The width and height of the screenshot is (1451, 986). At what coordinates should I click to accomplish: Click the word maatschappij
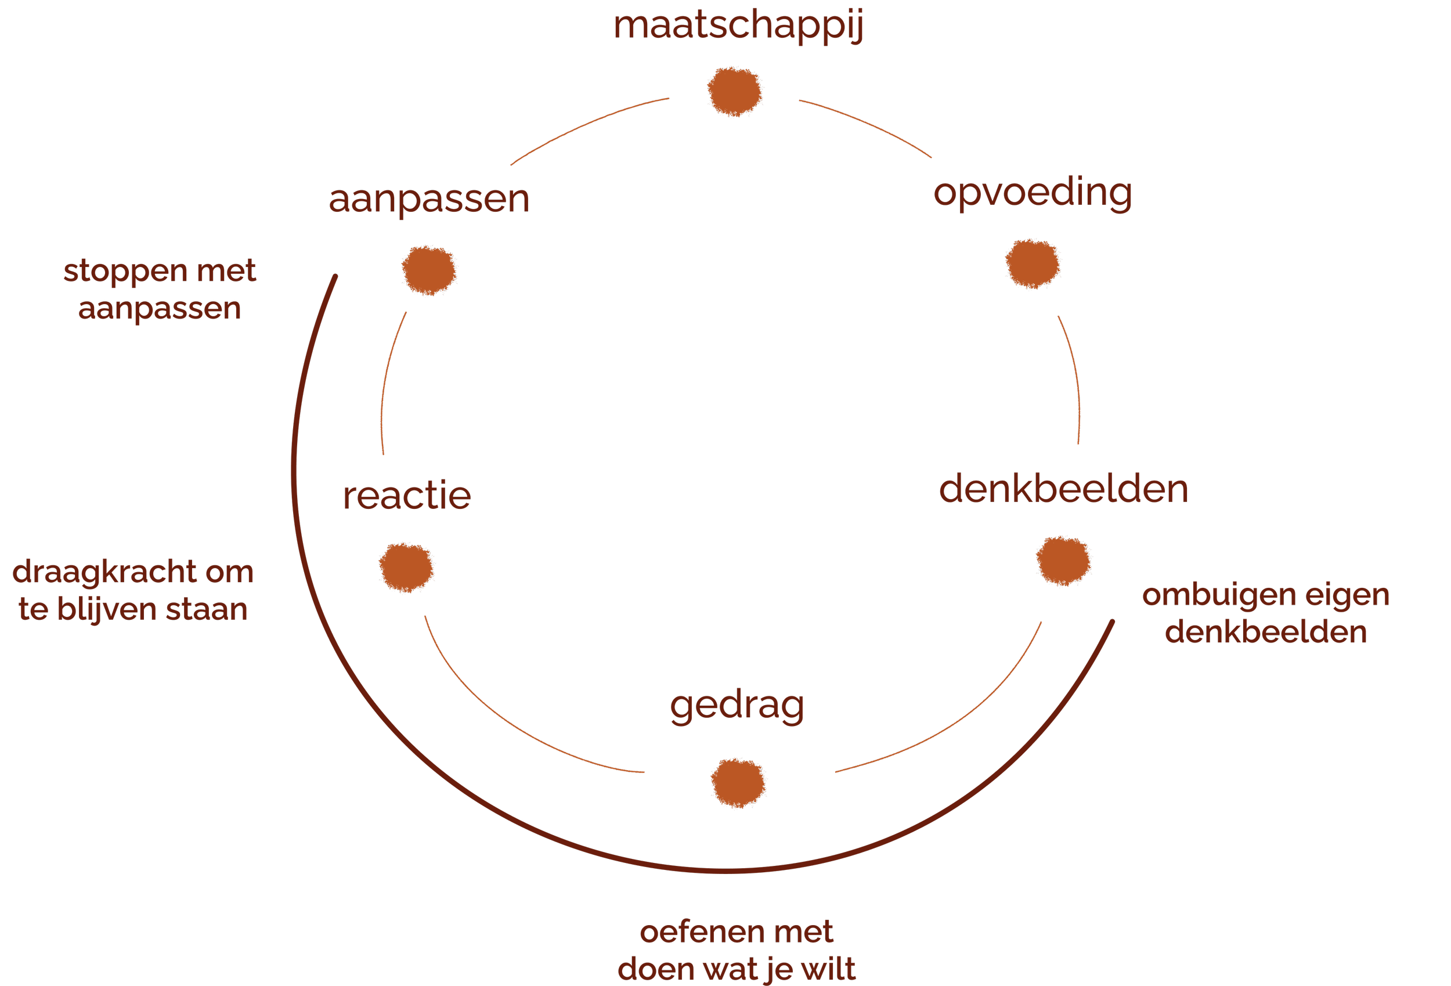click(x=738, y=26)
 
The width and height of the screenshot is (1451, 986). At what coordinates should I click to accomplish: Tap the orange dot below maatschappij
click(x=735, y=91)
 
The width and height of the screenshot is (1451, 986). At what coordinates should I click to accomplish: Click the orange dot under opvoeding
click(x=1033, y=263)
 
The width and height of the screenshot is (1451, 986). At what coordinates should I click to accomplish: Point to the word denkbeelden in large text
click(x=1063, y=489)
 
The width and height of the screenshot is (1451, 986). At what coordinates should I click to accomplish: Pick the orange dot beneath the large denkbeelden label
click(x=1063, y=561)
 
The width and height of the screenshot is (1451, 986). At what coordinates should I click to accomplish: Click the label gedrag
click(x=737, y=706)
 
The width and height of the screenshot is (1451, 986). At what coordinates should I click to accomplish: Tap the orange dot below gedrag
click(x=738, y=783)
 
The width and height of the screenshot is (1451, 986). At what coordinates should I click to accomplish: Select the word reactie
click(x=406, y=496)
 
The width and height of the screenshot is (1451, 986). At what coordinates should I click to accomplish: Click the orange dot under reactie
click(x=406, y=567)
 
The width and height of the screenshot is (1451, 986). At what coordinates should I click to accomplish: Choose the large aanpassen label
click(x=429, y=199)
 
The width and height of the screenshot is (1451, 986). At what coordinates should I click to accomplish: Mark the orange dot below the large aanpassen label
click(x=429, y=270)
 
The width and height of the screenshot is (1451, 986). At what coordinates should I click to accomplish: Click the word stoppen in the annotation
click(x=125, y=272)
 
